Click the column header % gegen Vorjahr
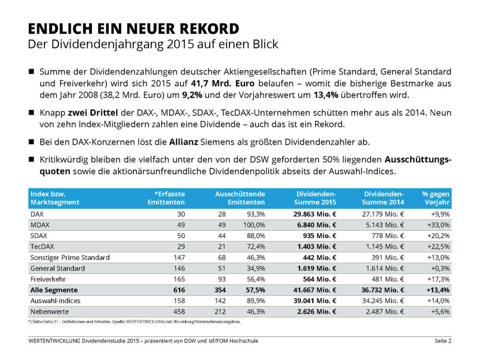pyautogui.click(x=435, y=198)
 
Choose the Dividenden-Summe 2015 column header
pyautogui.click(x=315, y=198)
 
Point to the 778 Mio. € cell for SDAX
pyautogui.click(x=388, y=235)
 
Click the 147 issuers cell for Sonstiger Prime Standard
pyautogui.click(x=179, y=257)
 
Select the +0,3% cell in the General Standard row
pyautogui.click(x=441, y=268)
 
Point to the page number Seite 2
pyautogui.click(x=442, y=341)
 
